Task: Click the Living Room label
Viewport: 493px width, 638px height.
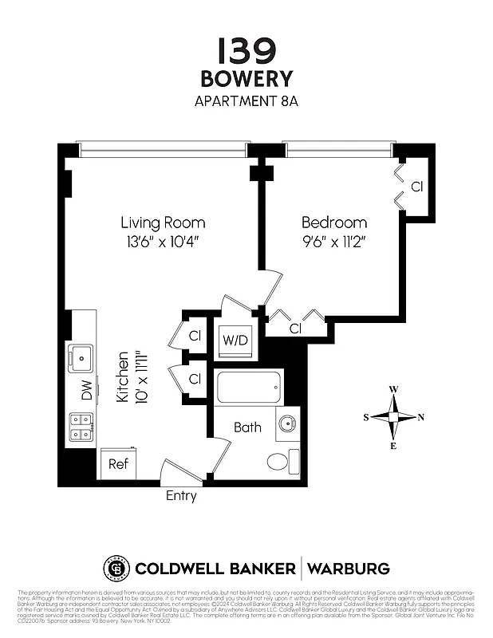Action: tap(163, 223)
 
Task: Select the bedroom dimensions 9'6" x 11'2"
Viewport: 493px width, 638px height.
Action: tap(333, 240)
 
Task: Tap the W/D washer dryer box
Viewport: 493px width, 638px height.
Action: tap(235, 341)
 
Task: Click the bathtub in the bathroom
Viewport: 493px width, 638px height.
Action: tap(249, 387)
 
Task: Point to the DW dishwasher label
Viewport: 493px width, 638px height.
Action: tap(86, 390)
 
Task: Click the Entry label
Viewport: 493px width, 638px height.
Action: tap(181, 496)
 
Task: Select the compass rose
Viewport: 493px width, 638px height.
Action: tap(393, 417)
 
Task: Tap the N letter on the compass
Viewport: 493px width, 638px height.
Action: tap(421, 417)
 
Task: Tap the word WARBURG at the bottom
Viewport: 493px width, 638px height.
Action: tap(349, 569)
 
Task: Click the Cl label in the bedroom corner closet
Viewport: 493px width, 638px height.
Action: tap(416, 187)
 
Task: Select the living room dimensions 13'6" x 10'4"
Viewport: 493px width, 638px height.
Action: tap(163, 240)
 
